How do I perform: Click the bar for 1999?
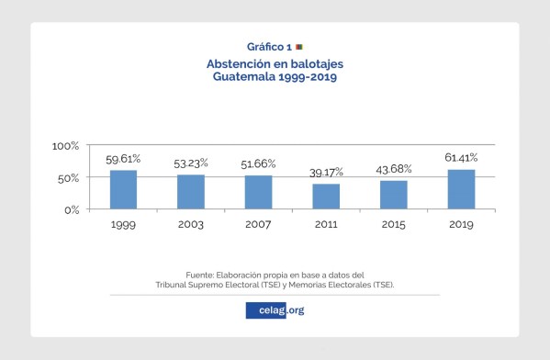click(123, 190)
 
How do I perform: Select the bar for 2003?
click(191, 192)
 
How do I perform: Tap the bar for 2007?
click(258, 193)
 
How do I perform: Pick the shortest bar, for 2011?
click(326, 197)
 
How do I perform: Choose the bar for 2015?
click(394, 195)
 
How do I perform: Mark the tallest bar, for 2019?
click(461, 189)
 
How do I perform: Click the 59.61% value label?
click(123, 159)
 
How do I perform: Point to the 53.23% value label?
click(191, 163)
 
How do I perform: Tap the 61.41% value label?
click(461, 158)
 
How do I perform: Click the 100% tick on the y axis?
click(66, 146)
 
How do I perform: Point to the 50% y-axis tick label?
click(69, 178)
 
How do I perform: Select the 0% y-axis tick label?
click(72, 210)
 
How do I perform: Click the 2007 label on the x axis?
click(258, 224)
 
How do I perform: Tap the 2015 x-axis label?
click(394, 224)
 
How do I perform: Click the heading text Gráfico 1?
click(269, 46)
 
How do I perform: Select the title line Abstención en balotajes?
click(275, 64)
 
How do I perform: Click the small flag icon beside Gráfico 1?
click(299, 46)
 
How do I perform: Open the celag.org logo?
click(275, 309)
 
